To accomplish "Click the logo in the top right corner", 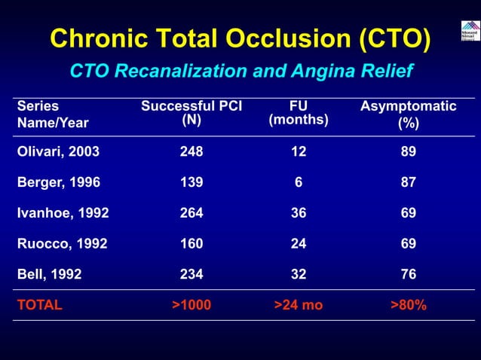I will coord(469,31).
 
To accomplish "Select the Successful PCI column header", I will coord(191,113).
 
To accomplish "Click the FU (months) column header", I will coord(299,113).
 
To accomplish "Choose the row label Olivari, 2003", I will coord(58,151).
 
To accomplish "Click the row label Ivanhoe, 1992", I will coord(63,213).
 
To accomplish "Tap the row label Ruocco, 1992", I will coord(62,244).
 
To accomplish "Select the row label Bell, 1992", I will coord(49,275).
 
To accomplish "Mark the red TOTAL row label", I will coord(39,306).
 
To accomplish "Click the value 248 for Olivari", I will coord(191,151).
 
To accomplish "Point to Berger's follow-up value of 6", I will coord(299,182).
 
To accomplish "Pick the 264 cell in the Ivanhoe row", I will coord(191,213).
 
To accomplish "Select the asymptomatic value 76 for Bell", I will coord(408,275).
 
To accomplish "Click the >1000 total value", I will coord(191,306).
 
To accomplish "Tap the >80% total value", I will coord(408,306).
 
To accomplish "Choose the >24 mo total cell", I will coord(299,306).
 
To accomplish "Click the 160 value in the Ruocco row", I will coord(191,244).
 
